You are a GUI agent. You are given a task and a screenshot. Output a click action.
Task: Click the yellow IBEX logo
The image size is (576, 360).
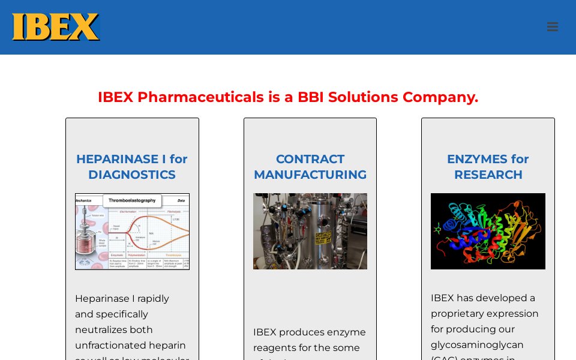[56, 27]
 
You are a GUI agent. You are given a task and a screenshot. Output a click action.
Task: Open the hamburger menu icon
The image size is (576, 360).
[552, 27]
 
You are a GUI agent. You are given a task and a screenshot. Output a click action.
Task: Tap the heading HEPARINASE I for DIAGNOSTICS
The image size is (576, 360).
[132, 167]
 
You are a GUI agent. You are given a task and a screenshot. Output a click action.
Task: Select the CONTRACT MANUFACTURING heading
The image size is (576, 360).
[310, 167]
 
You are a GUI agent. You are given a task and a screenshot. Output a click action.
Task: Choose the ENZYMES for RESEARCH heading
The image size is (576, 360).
[488, 167]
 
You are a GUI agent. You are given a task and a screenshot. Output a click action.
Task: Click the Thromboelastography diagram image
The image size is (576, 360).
[132, 232]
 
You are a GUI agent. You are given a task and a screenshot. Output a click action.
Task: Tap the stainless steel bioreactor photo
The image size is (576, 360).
[310, 231]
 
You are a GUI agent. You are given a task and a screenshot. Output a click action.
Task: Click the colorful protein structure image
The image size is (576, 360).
[488, 231]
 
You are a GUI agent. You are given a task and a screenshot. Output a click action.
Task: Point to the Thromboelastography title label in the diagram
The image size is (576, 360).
[132, 200]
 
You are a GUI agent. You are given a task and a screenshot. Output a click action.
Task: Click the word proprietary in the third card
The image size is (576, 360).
[461, 313]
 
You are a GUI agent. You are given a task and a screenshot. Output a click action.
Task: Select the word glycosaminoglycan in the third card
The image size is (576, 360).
[477, 344]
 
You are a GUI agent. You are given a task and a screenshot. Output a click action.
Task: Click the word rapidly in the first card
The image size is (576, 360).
[153, 298]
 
